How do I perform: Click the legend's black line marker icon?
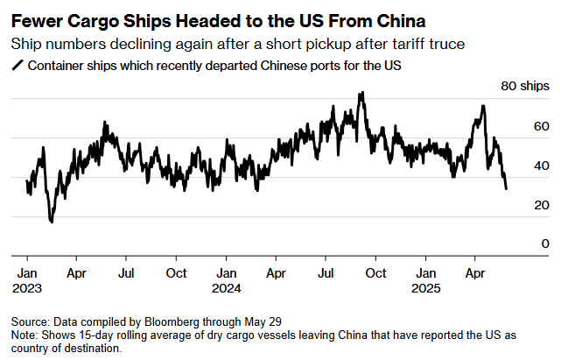click(15, 66)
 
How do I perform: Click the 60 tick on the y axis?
click(541, 126)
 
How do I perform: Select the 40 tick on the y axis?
click(541, 166)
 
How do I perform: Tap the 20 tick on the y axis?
click(541, 205)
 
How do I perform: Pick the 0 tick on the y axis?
click(544, 244)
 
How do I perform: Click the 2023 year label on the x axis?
click(27, 287)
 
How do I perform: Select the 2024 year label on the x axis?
click(226, 287)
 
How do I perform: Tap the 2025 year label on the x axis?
click(427, 287)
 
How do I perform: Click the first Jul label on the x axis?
click(126, 272)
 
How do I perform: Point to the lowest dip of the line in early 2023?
click(51, 222)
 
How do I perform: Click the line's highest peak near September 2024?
click(361, 92)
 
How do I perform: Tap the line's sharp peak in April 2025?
click(483, 106)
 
